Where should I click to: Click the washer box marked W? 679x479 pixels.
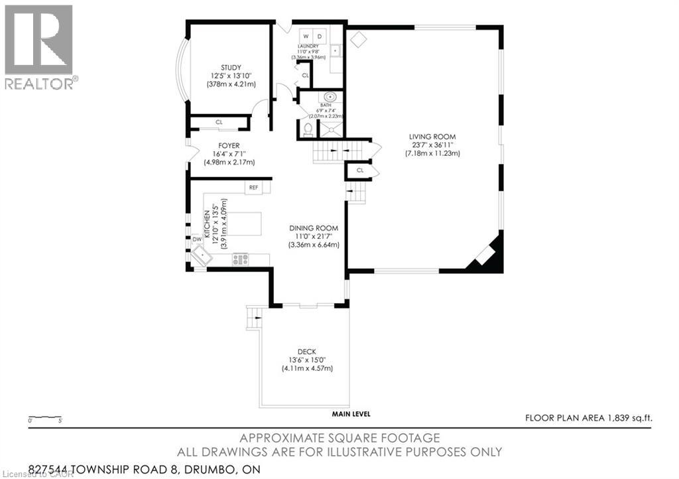tap(306, 36)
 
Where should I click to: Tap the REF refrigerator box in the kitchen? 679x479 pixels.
tap(253, 188)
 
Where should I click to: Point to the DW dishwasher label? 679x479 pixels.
tap(197, 239)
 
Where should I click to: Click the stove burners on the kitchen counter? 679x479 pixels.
tap(240, 259)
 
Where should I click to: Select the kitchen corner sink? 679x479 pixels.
tap(200, 256)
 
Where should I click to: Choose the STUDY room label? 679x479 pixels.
tap(231, 68)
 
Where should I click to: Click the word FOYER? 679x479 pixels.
tap(229, 145)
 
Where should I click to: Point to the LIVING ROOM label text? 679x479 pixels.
tap(432, 137)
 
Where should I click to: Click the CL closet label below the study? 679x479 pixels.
tap(219, 123)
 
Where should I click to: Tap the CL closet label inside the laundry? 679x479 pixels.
tap(305, 76)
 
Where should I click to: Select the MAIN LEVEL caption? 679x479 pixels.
tap(351, 415)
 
